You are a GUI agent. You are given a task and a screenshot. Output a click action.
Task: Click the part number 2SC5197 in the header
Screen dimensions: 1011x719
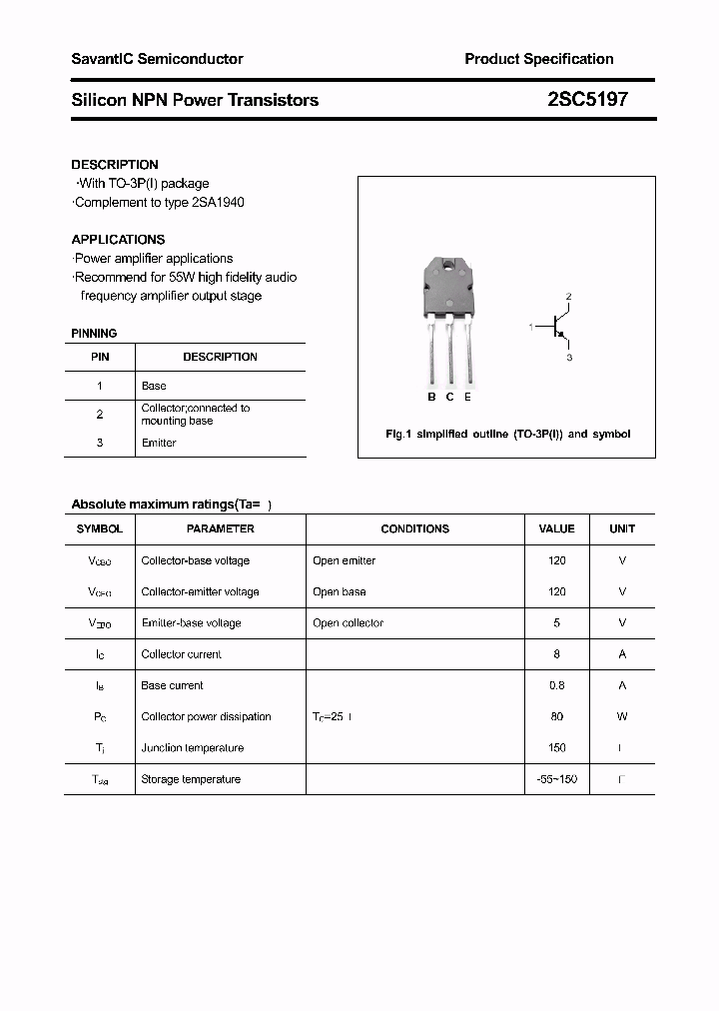point(587,100)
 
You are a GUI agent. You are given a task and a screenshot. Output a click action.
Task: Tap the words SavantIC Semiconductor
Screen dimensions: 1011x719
point(157,59)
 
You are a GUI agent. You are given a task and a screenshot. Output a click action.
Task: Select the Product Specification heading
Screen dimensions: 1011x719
point(538,59)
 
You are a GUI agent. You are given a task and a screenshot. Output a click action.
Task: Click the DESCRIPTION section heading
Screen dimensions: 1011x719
point(115,164)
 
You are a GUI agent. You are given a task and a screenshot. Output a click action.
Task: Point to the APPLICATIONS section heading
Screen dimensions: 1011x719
point(118,240)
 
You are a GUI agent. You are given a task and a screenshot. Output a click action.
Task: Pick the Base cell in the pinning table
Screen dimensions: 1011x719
point(154,386)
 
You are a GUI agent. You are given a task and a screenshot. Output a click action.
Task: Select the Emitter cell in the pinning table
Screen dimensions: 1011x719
point(159,443)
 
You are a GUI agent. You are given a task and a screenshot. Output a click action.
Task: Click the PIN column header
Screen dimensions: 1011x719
point(100,357)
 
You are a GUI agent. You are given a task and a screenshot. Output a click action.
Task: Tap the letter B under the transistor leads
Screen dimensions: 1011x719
point(431,397)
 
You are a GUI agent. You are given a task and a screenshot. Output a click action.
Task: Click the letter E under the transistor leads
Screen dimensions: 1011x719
point(467,397)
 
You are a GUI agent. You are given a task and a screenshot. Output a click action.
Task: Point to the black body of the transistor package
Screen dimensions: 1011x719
point(450,285)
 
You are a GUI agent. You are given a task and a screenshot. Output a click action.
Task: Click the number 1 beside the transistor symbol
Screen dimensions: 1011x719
point(531,327)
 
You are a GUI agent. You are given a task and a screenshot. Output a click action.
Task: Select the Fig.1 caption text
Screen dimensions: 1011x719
point(507,435)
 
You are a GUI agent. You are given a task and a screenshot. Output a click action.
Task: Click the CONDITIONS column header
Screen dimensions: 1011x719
point(414,528)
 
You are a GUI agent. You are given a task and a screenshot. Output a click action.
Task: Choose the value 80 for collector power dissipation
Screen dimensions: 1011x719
point(556,716)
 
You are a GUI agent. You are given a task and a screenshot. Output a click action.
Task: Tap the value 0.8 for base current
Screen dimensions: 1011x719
point(556,685)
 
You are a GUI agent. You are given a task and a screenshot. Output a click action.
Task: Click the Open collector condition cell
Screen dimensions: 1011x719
point(348,622)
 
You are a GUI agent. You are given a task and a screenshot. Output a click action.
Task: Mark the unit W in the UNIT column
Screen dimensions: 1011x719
point(622,716)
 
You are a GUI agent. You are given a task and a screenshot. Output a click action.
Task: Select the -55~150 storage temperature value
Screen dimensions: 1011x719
point(556,779)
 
